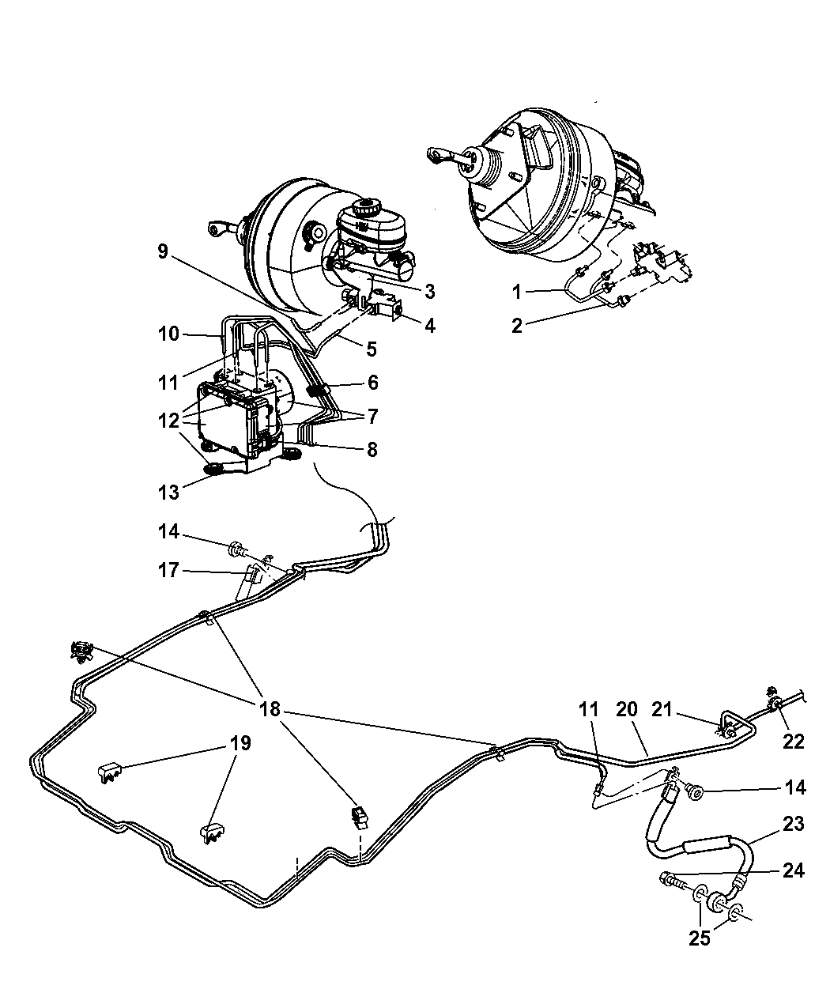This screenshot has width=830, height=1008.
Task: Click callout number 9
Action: point(162,251)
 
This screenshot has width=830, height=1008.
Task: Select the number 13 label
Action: point(168,492)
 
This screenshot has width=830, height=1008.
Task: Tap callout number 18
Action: point(270,708)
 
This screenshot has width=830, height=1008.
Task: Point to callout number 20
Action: point(626,710)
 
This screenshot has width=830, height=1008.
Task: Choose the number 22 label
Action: point(793,741)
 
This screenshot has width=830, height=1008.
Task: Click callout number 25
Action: point(700,938)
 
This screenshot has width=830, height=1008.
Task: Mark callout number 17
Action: point(168,570)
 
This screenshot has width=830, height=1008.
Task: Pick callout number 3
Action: point(429,291)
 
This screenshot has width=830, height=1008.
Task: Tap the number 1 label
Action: point(516,292)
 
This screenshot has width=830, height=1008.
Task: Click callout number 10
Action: point(168,335)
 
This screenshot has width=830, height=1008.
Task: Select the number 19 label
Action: point(241,742)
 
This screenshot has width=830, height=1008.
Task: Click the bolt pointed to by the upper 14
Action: point(236,548)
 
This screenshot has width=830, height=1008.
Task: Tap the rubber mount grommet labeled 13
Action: point(212,471)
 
